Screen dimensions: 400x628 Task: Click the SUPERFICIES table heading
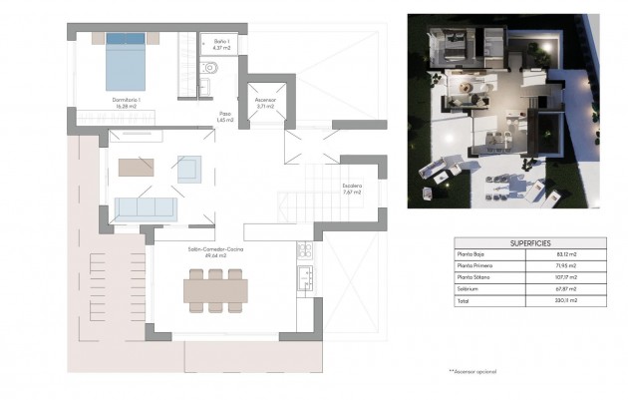(x=530, y=242)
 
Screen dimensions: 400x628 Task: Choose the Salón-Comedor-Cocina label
(x=211, y=253)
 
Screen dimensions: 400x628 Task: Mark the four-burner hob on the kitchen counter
(x=305, y=250)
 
